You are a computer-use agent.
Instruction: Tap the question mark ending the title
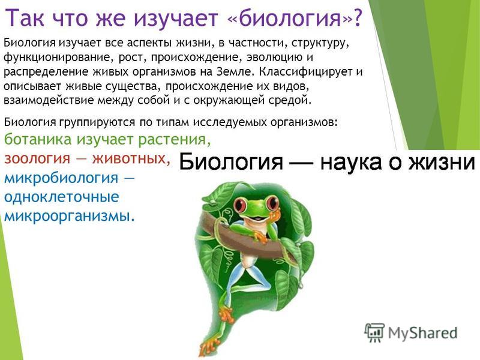358,17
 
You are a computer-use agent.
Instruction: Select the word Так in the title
26,18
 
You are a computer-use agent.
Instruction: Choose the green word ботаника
38,139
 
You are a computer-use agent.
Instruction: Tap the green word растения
175,140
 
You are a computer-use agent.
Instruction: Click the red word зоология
37,159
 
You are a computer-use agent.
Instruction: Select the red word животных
131,158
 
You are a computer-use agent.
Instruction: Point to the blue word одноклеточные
62,196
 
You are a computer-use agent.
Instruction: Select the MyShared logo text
423,333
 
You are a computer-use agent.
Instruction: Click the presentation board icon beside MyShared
374,332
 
